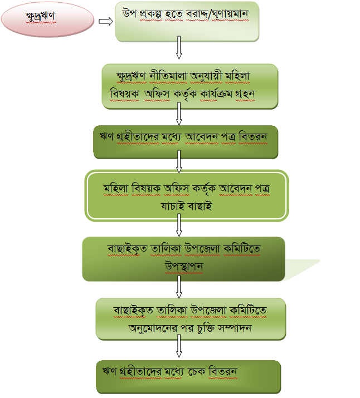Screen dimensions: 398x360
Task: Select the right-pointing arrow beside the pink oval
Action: tap(105, 21)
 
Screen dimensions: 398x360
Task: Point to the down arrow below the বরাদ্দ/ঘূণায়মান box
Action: tap(179, 48)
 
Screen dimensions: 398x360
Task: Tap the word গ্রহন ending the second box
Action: tap(243, 94)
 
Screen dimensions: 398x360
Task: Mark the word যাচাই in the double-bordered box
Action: tap(171, 206)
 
